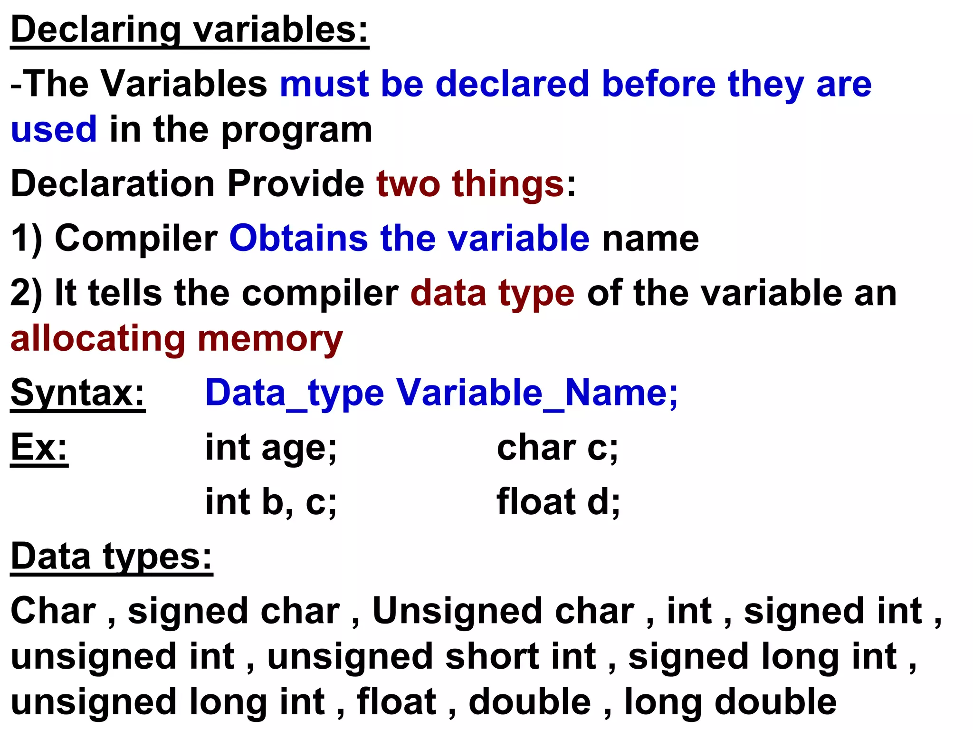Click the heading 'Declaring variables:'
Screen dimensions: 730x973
pos(190,29)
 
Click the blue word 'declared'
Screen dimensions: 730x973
pos(512,84)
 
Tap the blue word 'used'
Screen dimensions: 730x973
pos(54,129)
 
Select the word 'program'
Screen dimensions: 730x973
pos(296,130)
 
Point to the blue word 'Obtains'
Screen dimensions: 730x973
pos(298,238)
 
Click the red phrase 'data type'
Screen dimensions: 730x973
pos(492,293)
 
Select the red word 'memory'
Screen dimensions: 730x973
pos(270,339)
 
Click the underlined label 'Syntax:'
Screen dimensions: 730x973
pos(78,393)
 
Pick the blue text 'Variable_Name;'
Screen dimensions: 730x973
pos(537,393)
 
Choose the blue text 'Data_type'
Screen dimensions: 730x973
pos(295,393)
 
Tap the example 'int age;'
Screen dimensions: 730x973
pos(271,448)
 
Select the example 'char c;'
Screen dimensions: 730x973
pos(557,448)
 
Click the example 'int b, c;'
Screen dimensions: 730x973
pos(271,502)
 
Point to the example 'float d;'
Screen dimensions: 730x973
pos(558,502)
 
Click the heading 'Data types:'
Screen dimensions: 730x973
pos(111,557)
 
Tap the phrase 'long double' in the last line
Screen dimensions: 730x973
pos(730,701)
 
